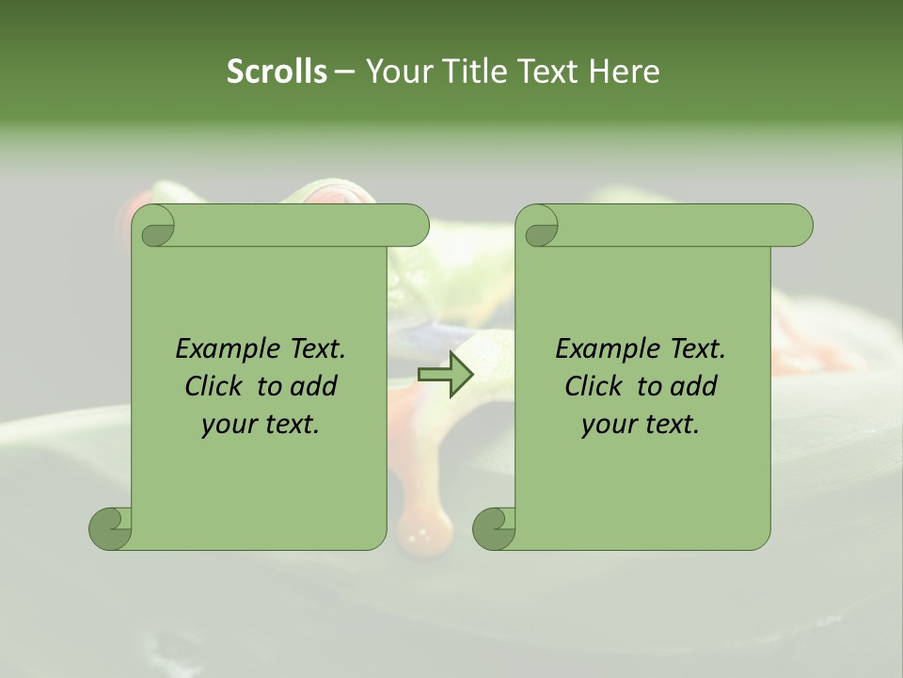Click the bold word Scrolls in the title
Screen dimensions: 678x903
277,71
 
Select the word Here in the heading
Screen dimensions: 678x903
625,71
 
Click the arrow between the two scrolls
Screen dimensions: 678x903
446,375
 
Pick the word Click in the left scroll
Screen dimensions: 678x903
214,386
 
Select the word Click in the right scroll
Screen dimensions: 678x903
594,386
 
